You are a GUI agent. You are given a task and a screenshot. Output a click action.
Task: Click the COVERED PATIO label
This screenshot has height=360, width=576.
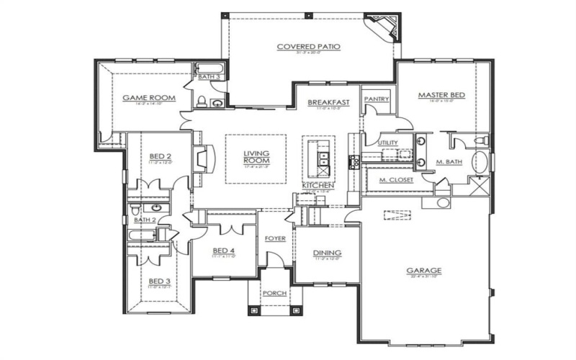pyautogui.click(x=308, y=47)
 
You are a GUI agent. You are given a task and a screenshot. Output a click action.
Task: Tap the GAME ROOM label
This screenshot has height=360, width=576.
pyautogui.click(x=145, y=97)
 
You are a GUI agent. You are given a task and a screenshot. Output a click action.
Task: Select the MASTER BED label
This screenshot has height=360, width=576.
pyautogui.click(x=441, y=95)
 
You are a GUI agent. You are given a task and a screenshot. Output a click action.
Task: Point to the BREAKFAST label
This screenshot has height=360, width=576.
pyautogui.click(x=328, y=103)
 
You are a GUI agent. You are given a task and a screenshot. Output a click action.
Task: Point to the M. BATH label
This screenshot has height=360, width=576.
pyautogui.click(x=449, y=163)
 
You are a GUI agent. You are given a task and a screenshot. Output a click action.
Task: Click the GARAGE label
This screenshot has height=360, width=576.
pyautogui.click(x=423, y=271)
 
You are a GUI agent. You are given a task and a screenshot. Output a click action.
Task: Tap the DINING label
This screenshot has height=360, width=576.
pyautogui.click(x=327, y=253)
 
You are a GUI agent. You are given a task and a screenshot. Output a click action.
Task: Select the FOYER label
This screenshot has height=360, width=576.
pyautogui.click(x=274, y=238)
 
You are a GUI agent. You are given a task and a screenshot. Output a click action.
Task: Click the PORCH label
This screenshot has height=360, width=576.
pyautogui.click(x=274, y=293)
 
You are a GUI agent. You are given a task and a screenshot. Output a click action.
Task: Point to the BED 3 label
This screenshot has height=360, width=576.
pyautogui.click(x=160, y=281)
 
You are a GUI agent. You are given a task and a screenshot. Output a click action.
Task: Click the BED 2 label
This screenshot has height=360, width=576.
pyautogui.click(x=160, y=156)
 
